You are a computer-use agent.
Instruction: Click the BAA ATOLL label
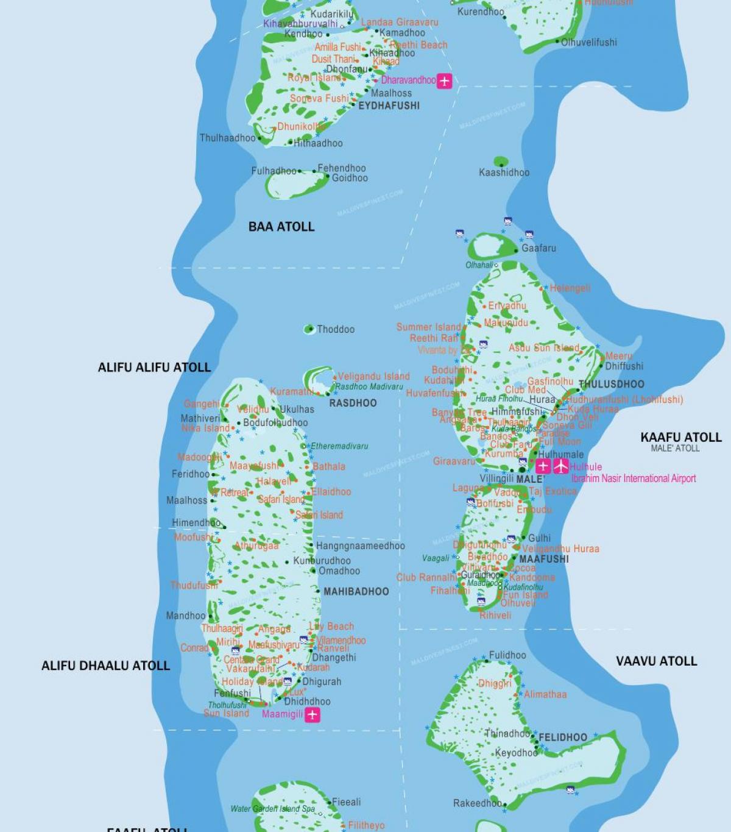[x=281, y=227]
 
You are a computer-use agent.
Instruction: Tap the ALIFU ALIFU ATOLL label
[x=154, y=367]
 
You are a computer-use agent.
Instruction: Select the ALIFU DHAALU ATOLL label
[x=105, y=666]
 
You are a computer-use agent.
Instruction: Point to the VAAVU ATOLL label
[x=656, y=661]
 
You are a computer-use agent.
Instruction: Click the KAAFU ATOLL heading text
[x=680, y=437]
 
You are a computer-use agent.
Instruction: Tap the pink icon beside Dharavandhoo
[x=445, y=80]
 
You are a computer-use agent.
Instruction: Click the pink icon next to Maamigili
[x=313, y=714]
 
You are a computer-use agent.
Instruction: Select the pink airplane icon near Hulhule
[x=560, y=466]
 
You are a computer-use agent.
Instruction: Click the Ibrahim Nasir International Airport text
[x=634, y=478]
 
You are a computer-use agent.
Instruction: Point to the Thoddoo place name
[x=335, y=329]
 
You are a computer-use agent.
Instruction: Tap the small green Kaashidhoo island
[x=501, y=162]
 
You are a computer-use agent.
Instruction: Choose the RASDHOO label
[x=353, y=403]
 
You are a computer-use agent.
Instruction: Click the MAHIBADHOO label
[x=356, y=591]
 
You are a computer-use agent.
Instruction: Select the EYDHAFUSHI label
[x=389, y=105]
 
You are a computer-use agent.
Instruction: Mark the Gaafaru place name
[x=539, y=248]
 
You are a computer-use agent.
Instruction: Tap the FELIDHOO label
[x=563, y=738]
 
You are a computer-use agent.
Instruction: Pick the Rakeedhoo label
[x=477, y=803]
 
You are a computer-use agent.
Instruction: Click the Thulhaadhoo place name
[x=228, y=138]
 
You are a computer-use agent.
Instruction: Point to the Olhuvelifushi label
[x=588, y=42]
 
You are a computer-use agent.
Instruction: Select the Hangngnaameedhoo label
[x=360, y=546]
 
